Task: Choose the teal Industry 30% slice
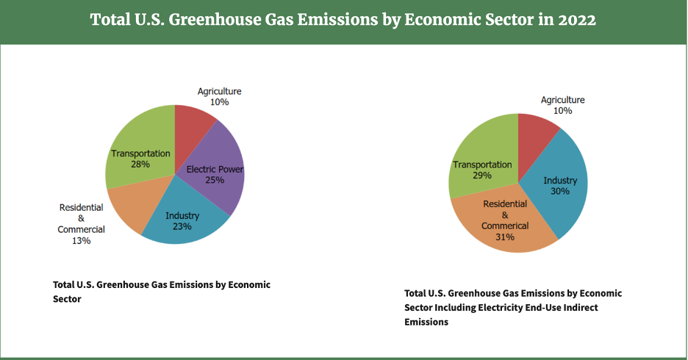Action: pos(562,187)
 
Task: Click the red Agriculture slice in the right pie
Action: pos(537,132)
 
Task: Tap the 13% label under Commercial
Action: pos(82,241)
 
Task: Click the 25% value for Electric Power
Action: pos(215,180)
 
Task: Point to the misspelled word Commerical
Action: pos(505,226)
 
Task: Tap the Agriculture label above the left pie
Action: pos(219,91)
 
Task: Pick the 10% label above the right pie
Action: pos(563,110)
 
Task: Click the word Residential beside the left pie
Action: pos(81,208)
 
